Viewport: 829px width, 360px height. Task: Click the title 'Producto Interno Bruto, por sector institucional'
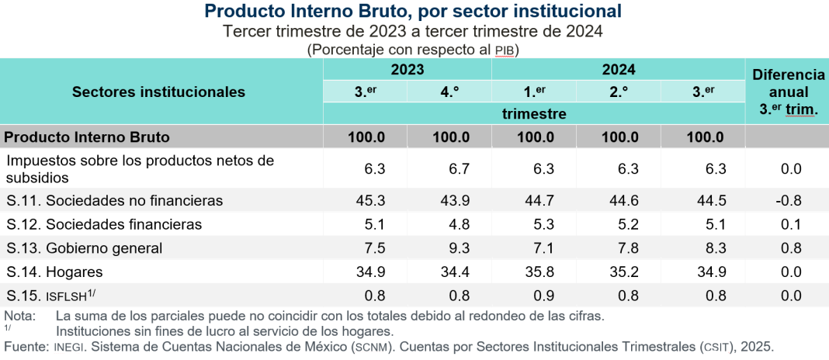pos(413,12)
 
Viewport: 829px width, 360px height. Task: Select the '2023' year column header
pos(407,69)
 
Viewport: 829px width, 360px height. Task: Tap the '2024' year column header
pos(618,69)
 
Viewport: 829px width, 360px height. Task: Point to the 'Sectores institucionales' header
pos(158,92)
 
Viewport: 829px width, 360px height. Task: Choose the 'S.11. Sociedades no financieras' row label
pos(114,200)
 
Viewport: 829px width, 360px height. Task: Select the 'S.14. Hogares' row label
pos(54,272)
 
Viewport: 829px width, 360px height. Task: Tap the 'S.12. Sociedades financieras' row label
pos(104,224)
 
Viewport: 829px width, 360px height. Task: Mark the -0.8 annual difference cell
pos(789,200)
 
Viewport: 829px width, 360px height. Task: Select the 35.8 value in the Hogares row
pos(539,272)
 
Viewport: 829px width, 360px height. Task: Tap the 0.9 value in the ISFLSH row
pos(539,296)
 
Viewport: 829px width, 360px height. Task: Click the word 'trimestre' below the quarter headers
pos(533,114)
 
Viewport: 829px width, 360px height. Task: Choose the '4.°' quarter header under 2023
pos(449,92)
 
